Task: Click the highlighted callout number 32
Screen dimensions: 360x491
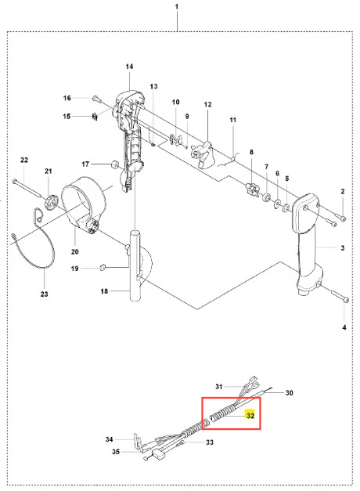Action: pos(250,416)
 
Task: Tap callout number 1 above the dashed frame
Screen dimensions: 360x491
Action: pos(177,6)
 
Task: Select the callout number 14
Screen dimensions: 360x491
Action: pos(129,67)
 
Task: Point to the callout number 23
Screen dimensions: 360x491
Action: pos(44,294)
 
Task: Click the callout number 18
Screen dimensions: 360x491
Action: pos(104,291)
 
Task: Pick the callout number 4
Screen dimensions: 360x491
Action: pos(344,327)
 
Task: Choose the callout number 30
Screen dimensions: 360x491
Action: pos(289,392)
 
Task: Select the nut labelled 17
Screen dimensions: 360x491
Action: pos(115,164)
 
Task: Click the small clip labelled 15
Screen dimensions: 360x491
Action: pos(95,117)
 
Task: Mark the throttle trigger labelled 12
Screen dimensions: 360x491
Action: pos(203,154)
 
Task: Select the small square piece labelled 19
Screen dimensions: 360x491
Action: pos(102,267)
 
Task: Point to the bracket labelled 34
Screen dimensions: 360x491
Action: pos(138,442)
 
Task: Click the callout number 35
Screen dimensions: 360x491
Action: pos(116,452)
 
